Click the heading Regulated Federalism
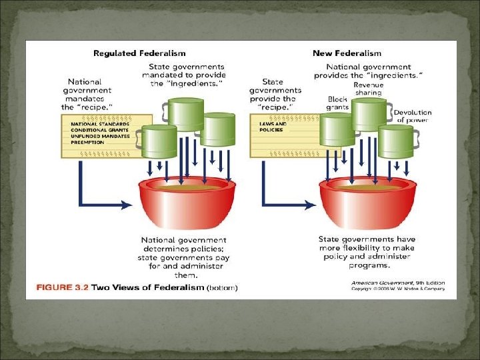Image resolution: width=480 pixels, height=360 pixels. tap(139, 53)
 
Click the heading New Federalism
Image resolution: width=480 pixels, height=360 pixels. tap(347, 53)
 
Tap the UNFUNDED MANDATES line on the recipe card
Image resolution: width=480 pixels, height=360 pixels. tap(97, 135)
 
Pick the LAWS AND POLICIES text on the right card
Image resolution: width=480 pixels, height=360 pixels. tap(273, 127)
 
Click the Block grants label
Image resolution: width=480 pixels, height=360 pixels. tap(337, 103)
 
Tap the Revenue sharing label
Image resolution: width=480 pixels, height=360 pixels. tap(368, 89)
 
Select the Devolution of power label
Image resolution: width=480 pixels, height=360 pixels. tap(413, 116)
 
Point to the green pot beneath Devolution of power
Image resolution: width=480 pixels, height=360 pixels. tap(396, 142)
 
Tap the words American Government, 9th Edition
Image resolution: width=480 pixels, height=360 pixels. tap(398, 283)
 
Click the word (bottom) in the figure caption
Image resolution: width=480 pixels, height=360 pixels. tap(222, 288)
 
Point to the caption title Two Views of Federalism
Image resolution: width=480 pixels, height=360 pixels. tap(148, 288)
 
